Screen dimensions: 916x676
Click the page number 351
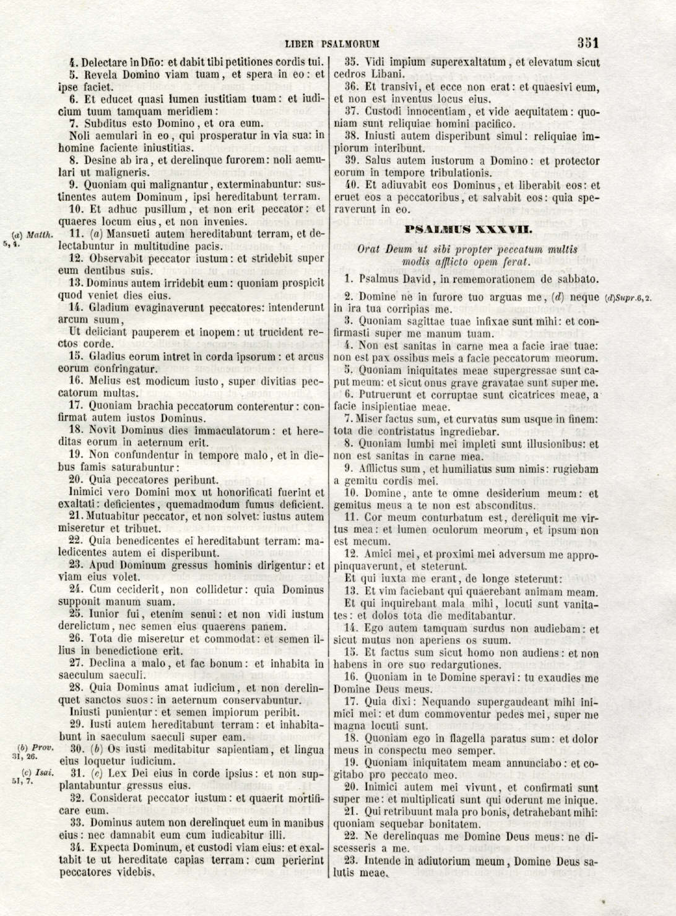(x=587, y=43)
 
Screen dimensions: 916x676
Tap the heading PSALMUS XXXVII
(x=466, y=230)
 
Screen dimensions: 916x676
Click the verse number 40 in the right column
(x=352, y=185)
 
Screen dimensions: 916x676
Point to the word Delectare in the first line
(x=103, y=62)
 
